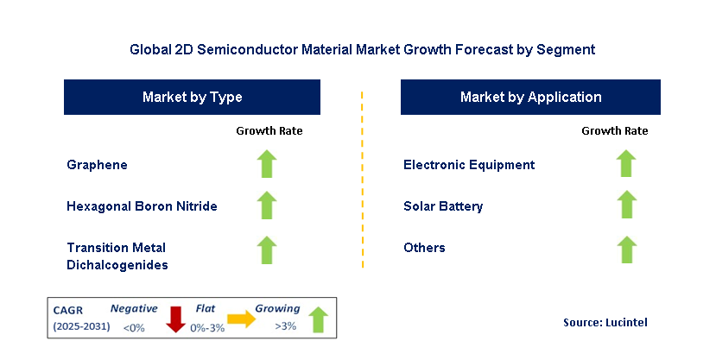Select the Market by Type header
click(192, 98)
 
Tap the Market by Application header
click(530, 98)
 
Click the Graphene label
click(96, 165)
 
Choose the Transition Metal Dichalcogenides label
click(117, 256)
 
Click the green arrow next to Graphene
click(268, 164)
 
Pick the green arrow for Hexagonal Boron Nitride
click(268, 205)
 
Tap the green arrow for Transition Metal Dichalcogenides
click(268, 249)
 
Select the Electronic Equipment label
click(469, 165)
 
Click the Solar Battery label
click(443, 206)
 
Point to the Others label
click(424, 248)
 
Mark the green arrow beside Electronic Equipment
click(626, 164)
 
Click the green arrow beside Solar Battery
click(626, 205)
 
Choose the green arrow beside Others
click(626, 249)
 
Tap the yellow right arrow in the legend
click(242, 319)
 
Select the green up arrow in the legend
click(317, 319)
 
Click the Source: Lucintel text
click(604, 322)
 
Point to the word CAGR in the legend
click(70, 309)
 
